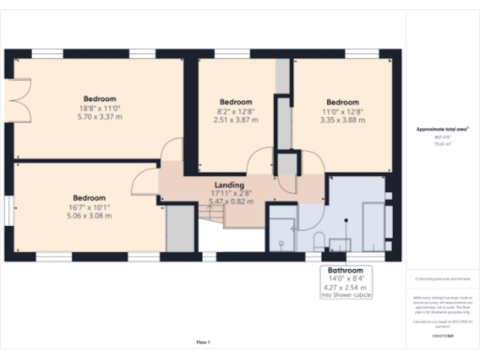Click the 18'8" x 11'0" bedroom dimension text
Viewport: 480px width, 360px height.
click(100, 109)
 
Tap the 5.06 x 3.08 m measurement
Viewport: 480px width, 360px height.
click(88, 216)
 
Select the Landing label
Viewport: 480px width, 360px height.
click(229, 185)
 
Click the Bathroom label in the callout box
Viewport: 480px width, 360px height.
click(345, 270)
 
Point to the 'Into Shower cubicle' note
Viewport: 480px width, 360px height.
click(345, 295)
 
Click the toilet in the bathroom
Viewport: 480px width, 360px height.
click(319, 240)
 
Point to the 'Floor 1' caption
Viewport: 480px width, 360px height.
click(203, 342)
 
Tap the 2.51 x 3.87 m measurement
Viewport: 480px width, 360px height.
click(235, 120)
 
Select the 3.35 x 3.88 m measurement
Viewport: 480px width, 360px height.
click(342, 120)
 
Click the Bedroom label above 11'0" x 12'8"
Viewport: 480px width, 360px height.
click(342, 101)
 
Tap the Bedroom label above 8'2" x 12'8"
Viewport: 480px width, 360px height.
click(235, 101)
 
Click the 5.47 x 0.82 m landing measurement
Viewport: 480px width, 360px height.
click(229, 202)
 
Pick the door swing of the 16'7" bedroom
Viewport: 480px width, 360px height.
click(146, 184)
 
